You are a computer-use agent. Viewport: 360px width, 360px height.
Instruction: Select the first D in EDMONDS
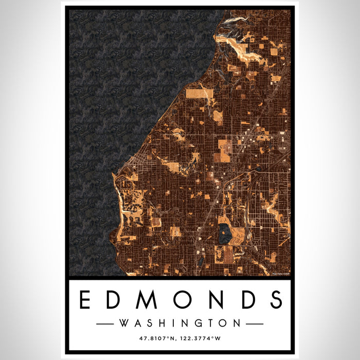click(115, 300)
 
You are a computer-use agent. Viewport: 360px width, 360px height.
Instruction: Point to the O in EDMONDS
click(181, 300)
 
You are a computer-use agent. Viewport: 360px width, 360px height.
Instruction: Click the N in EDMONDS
click(214, 300)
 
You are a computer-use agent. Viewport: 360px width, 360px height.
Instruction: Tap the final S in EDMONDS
click(275, 300)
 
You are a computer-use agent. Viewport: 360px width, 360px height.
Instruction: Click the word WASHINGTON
click(180, 323)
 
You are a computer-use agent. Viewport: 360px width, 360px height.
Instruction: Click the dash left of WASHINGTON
click(105, 324)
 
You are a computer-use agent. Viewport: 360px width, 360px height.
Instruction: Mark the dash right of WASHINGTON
click(255, 324)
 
